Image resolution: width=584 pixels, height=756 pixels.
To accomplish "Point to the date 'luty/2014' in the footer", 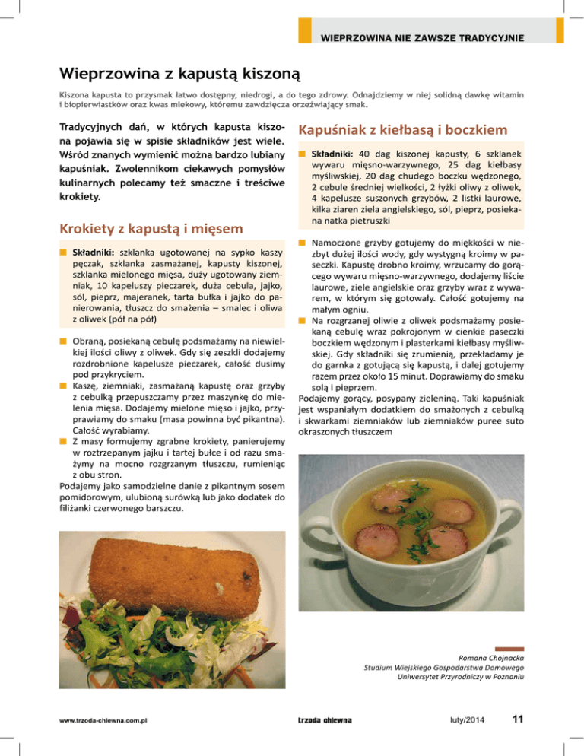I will [458, 719].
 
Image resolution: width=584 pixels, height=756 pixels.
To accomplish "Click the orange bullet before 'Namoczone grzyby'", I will [301, 242].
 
